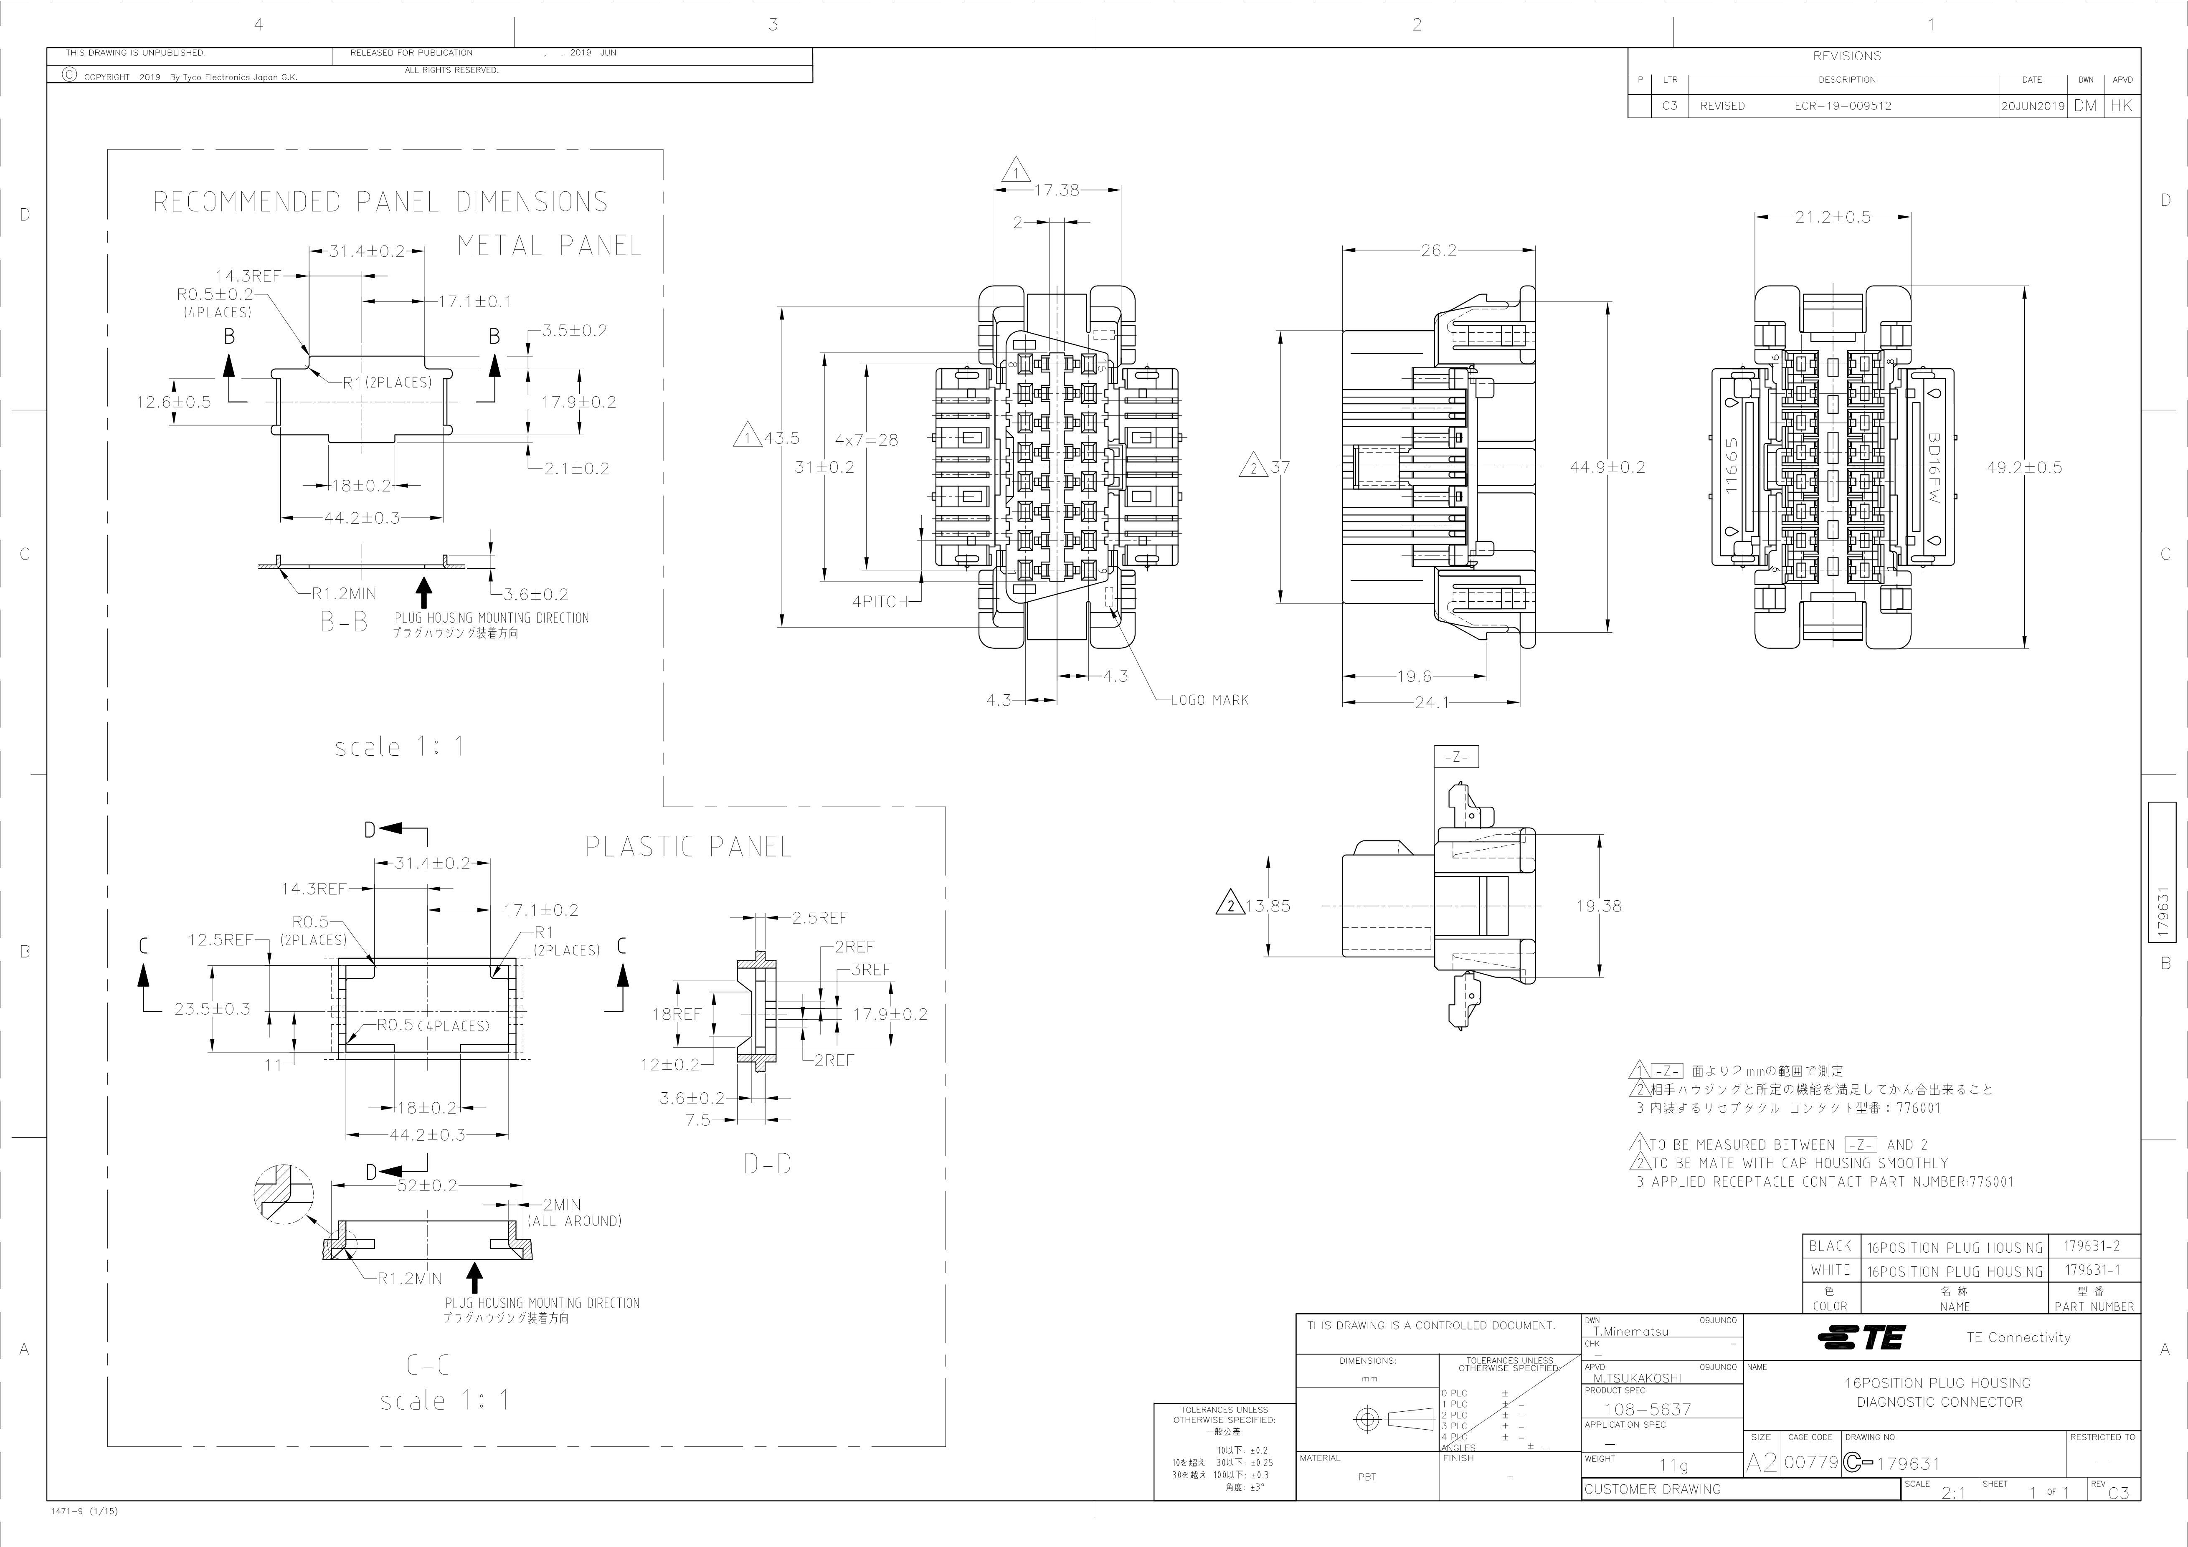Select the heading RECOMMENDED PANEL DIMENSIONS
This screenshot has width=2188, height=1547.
pos(380,202)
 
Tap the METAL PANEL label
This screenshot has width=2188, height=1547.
pos(550,246)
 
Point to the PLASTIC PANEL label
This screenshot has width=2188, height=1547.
pos(688,847)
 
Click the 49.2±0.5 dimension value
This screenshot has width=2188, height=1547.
pos(2024,468)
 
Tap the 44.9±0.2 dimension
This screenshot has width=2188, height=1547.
pos(1607,468)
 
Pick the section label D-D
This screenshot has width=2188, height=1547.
pos(767,1163)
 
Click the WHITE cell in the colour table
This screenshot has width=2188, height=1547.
pos(1830,1270)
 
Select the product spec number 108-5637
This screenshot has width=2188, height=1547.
pos(1648,1409)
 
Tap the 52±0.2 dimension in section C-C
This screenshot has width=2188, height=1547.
pos(427,1186)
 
